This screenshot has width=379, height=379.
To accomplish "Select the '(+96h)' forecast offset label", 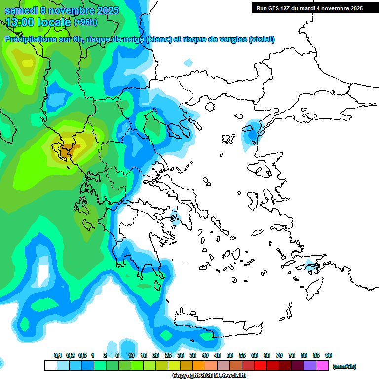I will point(85,22).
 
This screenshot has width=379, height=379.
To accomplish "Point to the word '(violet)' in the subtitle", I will point(262,39).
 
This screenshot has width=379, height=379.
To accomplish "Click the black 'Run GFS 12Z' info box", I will point(308,8).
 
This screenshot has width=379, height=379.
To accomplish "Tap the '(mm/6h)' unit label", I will point(344,366).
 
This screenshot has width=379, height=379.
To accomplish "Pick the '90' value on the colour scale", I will point(328,355).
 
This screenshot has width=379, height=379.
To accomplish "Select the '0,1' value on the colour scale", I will point(57,355).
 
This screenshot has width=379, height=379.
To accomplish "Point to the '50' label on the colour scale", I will point(230,355).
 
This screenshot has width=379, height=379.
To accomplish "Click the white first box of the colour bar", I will point(50,366).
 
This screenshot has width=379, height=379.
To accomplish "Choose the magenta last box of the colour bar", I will point(323,366).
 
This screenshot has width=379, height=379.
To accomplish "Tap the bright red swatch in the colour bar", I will point(261,366).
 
